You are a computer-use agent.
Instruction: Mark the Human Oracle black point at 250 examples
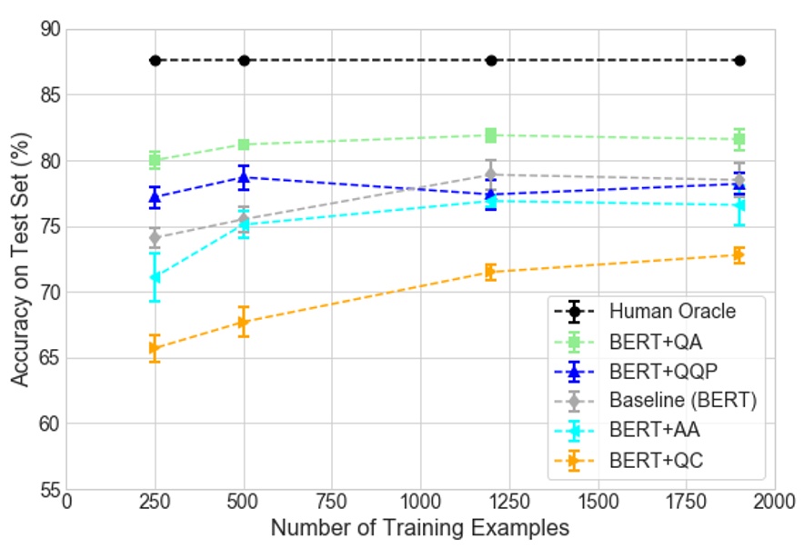coord(155,61)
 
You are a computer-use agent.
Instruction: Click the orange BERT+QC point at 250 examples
coord(155,348)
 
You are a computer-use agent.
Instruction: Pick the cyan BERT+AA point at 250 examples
coord(155,277)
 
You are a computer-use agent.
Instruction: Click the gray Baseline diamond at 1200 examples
coord(491,174)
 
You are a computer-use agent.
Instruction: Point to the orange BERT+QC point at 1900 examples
coord(739,255)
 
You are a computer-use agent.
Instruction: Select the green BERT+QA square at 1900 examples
coord(739,139)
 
